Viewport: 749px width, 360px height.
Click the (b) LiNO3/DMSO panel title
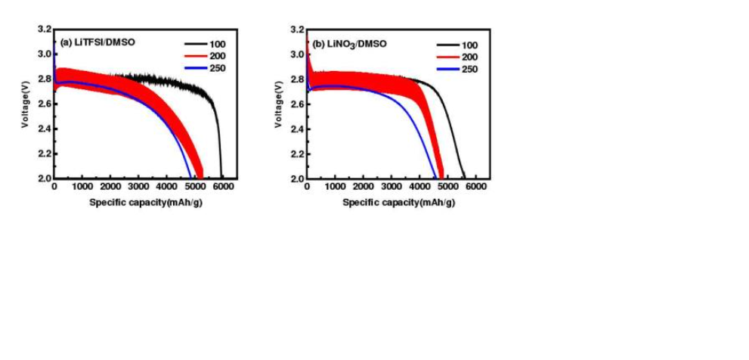coord(348,44)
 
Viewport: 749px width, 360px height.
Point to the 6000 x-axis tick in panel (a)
coord(223,187)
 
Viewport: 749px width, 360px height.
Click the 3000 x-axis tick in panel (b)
coord(392,187)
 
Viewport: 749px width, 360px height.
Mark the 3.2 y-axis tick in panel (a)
coord(45,29)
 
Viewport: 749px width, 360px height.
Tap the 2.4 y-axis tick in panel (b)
coord(298,129)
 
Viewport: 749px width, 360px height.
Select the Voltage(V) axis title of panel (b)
coord(279,104)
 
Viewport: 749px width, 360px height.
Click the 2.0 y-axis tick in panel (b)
coord(298,178)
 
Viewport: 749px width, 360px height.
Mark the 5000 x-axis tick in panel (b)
coord(448,187)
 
